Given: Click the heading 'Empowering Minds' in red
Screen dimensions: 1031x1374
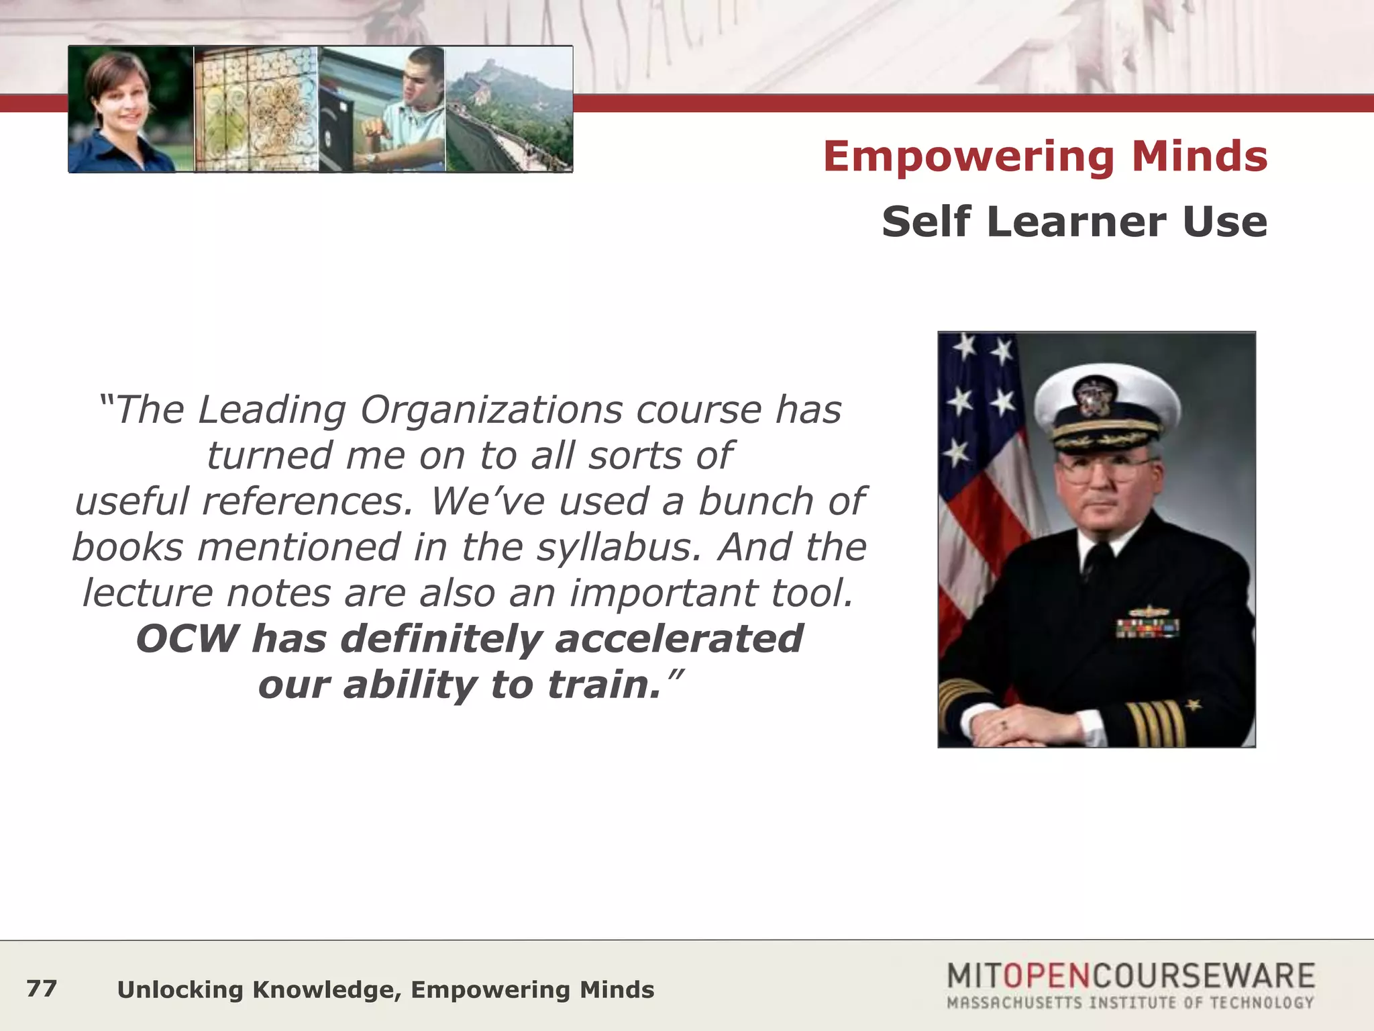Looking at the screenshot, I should pos(1045,156).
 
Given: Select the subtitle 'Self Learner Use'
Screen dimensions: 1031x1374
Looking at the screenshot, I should pos(1074,222).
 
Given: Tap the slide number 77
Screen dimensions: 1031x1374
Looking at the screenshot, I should pos(42,989).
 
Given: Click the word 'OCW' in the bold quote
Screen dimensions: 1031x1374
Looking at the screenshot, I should pos(187,638).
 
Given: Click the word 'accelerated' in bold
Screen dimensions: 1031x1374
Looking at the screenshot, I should pos(679,638).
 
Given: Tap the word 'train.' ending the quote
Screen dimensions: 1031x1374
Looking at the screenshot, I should pos(604,685).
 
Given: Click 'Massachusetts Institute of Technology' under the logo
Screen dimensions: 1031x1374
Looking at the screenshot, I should pos(1130,1003).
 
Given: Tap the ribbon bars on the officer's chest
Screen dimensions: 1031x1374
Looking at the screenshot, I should pos(1147,627).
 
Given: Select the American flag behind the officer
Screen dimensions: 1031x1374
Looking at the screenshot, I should pos(979,470).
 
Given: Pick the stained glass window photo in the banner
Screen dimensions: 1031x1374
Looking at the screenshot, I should pos(256,109).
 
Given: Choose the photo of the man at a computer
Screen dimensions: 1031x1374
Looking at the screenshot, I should pos(382,109).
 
